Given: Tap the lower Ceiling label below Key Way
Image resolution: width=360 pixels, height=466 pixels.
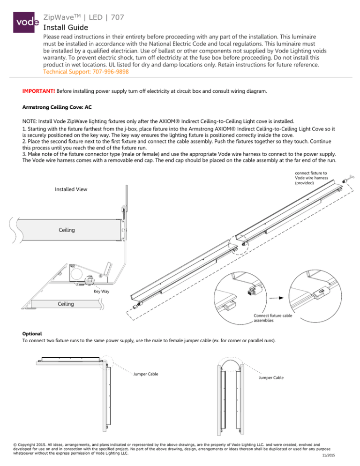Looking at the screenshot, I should pyautogui.click(x=66, y=304).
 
